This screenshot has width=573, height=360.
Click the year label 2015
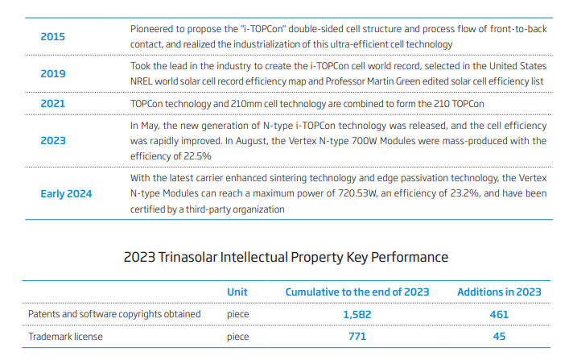tap(52, 37)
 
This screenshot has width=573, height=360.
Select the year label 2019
tap(52, 73)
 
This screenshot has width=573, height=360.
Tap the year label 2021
tap(52, 104)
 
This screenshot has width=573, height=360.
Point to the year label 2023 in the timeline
tap(52, 140)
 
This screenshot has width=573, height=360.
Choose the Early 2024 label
tap(66, 194)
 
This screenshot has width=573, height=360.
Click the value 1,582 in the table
tap(357, 313)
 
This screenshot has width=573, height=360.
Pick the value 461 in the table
tap(499, 313)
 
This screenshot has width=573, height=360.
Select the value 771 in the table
tap(357, 336)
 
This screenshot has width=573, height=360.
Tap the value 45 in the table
tap(499, 336)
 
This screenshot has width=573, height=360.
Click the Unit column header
tap(237, 292)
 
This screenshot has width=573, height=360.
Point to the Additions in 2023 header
tap(499, 292)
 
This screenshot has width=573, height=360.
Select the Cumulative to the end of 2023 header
tap(357, 292)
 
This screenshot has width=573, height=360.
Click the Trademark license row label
tap(66, 336)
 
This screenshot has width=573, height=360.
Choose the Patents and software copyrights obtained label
tap(114, 313)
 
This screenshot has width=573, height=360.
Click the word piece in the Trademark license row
tap(238, 336)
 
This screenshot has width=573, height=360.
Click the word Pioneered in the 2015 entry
tap(154, 29)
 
